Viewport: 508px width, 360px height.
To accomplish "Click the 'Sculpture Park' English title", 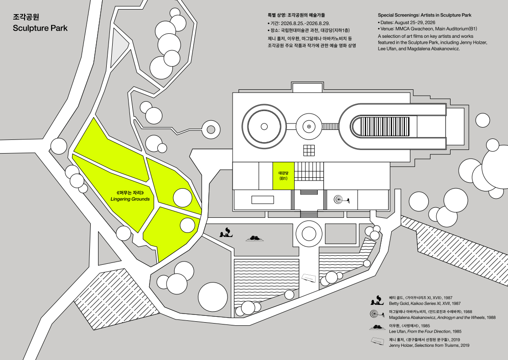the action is coord(40,28).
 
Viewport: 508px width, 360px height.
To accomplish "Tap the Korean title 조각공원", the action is coord(26,17).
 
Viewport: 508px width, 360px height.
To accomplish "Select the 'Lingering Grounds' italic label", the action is coord(130,199).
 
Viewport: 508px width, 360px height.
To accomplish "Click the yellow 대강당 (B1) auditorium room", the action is coord(283,176).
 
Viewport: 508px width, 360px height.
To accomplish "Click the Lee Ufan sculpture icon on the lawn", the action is coord(254,239).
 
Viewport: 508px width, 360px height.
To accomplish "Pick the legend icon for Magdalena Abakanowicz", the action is coord(377,314).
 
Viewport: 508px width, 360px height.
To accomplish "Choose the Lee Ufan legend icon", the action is coord(377,328).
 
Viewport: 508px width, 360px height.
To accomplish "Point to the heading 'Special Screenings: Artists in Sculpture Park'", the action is coord(425,15).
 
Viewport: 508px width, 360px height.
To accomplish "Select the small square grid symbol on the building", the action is coord(309,150).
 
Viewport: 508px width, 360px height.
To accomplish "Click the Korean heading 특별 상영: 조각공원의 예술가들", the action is coord(296,15).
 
